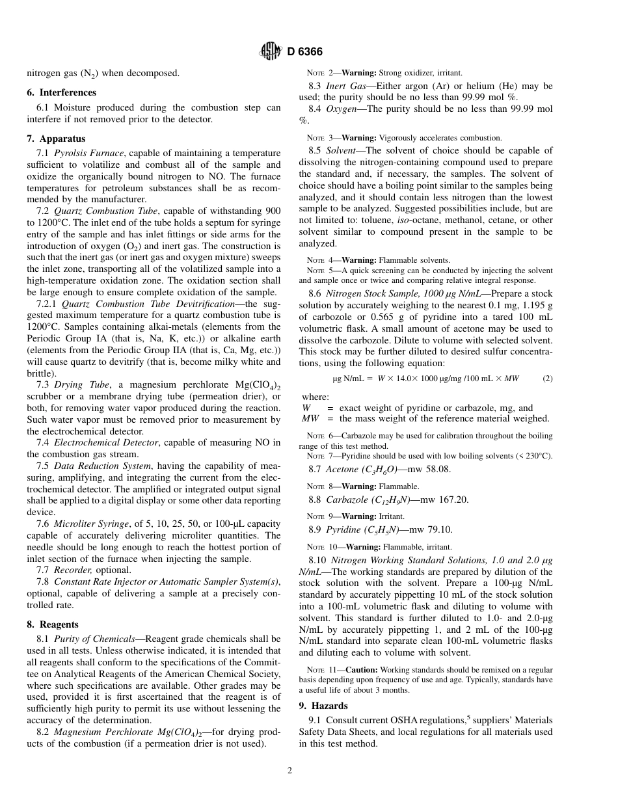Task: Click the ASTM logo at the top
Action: point(270,51)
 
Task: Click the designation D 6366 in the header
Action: point(304,52)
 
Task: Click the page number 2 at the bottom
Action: point(290,771)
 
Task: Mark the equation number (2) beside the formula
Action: point(547,378)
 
